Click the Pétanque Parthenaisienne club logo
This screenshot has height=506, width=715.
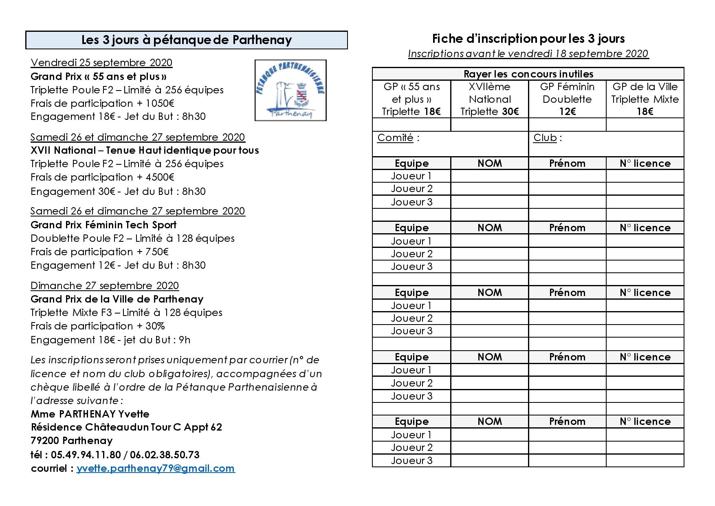[290, 90]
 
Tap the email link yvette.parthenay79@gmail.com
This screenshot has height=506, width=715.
[156, 468]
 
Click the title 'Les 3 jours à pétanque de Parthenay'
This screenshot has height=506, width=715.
[187, 40]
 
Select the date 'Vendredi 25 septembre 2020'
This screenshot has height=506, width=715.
[101, 62]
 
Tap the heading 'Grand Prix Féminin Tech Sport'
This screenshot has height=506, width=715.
[103, 225]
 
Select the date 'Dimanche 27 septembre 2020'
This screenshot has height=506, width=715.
[105, 285]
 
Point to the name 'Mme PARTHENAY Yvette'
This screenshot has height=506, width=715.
[90, 414]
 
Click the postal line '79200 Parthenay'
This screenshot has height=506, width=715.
[72, 441]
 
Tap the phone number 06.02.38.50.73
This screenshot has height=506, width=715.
[167, 454]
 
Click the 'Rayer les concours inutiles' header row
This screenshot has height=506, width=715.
[528, 74]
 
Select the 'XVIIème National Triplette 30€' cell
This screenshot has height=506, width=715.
[489, 99]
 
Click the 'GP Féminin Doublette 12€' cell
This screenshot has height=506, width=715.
[567, 99]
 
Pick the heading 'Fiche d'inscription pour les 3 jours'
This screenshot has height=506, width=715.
[528, 39]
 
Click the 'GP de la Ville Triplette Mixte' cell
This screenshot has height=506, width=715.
[645, 99]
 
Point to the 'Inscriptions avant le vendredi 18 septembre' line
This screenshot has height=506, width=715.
[528, 53]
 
